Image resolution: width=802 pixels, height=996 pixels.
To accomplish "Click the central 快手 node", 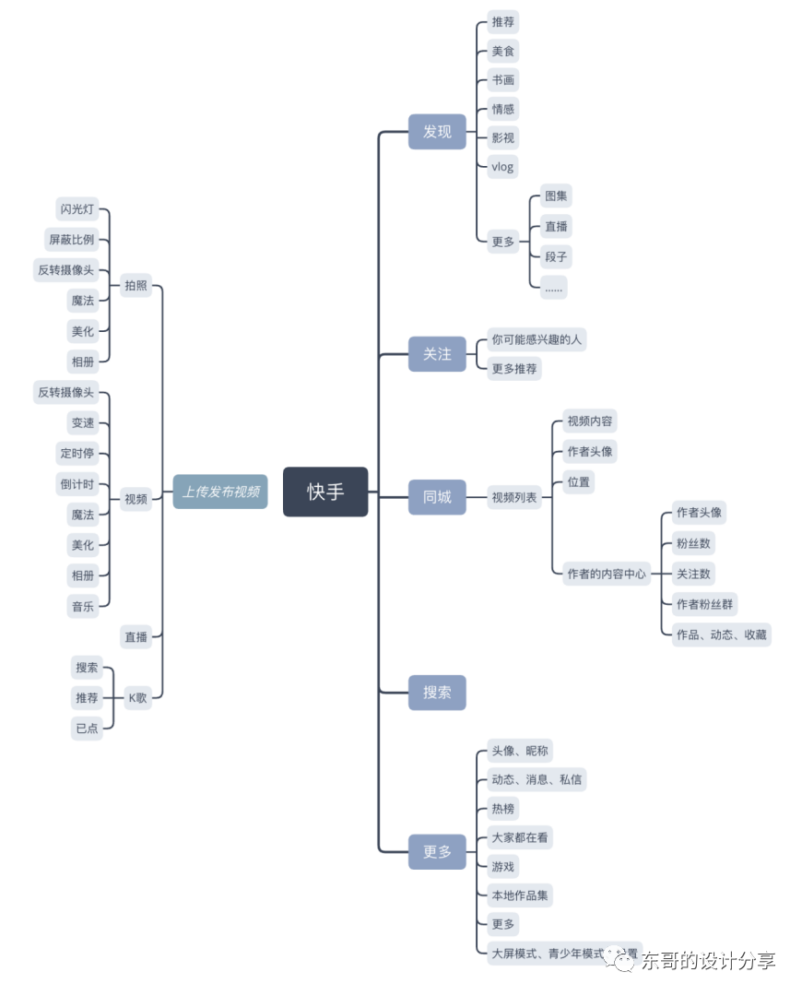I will click(325, 492).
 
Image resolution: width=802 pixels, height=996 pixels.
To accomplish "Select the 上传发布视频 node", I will click(220, 492).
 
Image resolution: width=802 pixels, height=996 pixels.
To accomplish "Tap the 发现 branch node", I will click(437, 132).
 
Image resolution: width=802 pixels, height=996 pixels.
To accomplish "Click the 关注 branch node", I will click(437, 354).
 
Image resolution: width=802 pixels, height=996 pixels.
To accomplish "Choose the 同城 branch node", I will click(437, 497).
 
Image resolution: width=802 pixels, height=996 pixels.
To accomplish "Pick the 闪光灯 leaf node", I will click(77, 209).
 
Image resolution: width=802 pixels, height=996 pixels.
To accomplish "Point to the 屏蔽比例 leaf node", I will click(71, 240).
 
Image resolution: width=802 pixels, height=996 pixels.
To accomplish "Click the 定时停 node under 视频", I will click(77, 453).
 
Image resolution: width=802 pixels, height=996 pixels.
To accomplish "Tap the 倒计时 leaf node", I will click(77, 484).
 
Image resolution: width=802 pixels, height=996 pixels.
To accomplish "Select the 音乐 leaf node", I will click(83, 606).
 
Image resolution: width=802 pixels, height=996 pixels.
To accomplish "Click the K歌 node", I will click(136, 697).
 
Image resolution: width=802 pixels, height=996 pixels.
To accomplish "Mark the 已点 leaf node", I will click(87, 728).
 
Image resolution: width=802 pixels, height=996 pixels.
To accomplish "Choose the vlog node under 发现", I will click(502, 167).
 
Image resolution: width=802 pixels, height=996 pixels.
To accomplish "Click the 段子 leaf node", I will click(556, 256).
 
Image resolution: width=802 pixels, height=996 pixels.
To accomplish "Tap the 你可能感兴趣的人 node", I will click(537, 339).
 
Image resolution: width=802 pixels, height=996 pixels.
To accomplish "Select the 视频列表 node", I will click(514, 497).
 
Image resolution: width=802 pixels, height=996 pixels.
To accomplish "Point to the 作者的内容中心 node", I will click(607, 574).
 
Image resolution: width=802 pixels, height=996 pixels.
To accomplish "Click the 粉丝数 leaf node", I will click(693, 543).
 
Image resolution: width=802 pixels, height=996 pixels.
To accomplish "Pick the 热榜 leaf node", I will click(503, 809).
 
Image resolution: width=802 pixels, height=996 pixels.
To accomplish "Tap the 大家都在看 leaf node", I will click(521, 838).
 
